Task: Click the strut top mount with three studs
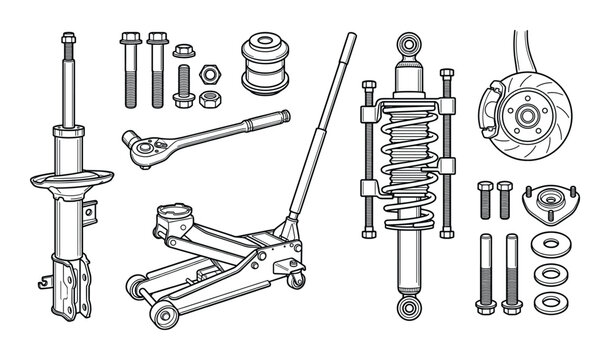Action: pyautogui.click(x=547, y=206)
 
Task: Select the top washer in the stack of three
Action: pyautogui.click(x=548, y=243)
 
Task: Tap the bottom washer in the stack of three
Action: pyautogui.click(x=548, y=300)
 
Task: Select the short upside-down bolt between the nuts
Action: pyautogui.click(x=182, y=86)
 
